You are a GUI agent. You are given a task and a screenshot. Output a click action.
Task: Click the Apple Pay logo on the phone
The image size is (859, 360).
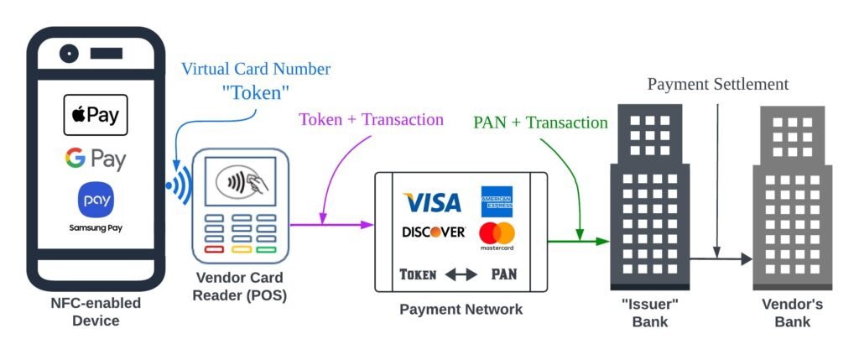tap(96, 115)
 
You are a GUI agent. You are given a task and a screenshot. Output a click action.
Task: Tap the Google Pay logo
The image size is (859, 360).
tap(95, 159)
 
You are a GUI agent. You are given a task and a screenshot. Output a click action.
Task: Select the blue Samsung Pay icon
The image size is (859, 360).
tap(95, 201)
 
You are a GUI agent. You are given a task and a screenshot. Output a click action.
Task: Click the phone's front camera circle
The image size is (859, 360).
tap(70, 54)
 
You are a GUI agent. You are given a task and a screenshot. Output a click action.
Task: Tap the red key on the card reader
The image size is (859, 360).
tap(214, 248)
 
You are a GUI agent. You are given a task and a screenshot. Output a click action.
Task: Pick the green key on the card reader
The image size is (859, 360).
tap(267, 248)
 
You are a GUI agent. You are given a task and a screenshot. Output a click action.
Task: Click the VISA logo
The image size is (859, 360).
tap(432, 202)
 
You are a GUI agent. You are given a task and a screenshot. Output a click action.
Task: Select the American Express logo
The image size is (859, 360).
tap(497, 201)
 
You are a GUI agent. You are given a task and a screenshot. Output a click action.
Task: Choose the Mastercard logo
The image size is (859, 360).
tap(497, 235)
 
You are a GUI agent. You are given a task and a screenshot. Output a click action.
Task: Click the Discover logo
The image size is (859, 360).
tap(433, 232)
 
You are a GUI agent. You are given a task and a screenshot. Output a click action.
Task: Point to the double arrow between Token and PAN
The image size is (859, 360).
tap(461, 274)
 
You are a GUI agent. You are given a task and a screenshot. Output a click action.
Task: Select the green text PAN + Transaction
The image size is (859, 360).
tap(539, 123)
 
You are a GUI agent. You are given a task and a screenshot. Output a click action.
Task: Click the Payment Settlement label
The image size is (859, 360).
tap(717, 85)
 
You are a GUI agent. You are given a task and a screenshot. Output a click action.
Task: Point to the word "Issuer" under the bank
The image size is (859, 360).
tap(650, 304)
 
